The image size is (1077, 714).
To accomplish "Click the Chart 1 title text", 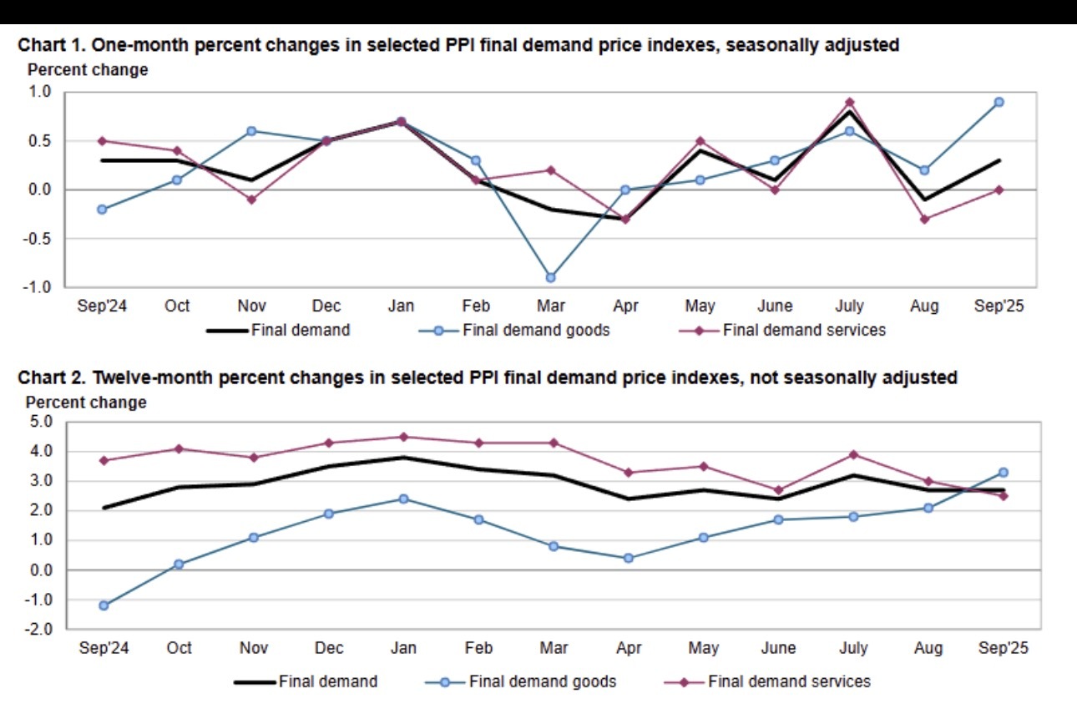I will [458, 46].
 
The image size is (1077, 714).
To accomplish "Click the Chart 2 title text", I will [488, 377].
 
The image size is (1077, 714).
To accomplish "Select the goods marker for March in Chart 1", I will [551, 277].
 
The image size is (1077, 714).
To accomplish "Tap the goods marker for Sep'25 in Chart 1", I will [999, 102].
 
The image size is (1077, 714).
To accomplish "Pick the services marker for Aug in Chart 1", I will [924, 219].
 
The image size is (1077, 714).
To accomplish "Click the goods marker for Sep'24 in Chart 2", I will [104, 605].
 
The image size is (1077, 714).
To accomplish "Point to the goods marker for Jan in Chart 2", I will [403, 499].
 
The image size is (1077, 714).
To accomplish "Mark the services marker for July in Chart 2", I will [852, 454].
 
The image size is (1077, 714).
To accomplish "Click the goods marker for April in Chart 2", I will [628, 558].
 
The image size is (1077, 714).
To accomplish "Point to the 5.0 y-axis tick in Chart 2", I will [40, 422].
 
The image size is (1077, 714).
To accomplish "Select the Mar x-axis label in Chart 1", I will [551, 306].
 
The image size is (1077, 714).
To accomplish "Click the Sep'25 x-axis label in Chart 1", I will [999, 306].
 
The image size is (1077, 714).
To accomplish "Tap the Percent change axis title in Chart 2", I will [88, 403].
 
